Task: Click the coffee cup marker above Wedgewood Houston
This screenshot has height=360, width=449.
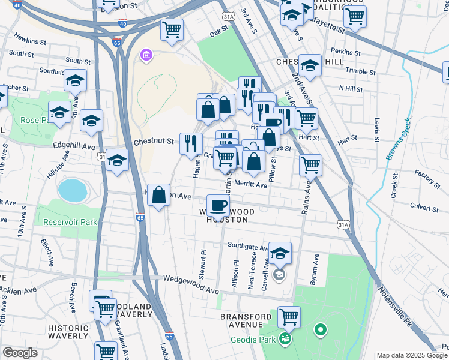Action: (219, 205)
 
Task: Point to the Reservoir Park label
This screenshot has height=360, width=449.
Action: (70, 222)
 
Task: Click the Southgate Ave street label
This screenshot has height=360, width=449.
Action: (249, 246)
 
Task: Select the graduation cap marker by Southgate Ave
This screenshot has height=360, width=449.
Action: (279, 253)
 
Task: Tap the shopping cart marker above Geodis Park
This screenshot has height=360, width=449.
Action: (289, 316)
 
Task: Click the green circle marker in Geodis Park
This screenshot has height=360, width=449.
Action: (320, 329)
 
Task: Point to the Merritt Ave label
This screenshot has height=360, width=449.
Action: (250, 185)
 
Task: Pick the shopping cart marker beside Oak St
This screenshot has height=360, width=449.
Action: (172, 29)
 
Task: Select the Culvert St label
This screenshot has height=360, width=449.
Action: (424, 208)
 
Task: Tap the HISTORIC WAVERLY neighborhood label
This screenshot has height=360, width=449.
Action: (68, 332)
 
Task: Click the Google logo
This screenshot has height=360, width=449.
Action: (20, 353)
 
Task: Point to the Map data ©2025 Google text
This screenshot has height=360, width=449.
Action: (411, 355)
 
